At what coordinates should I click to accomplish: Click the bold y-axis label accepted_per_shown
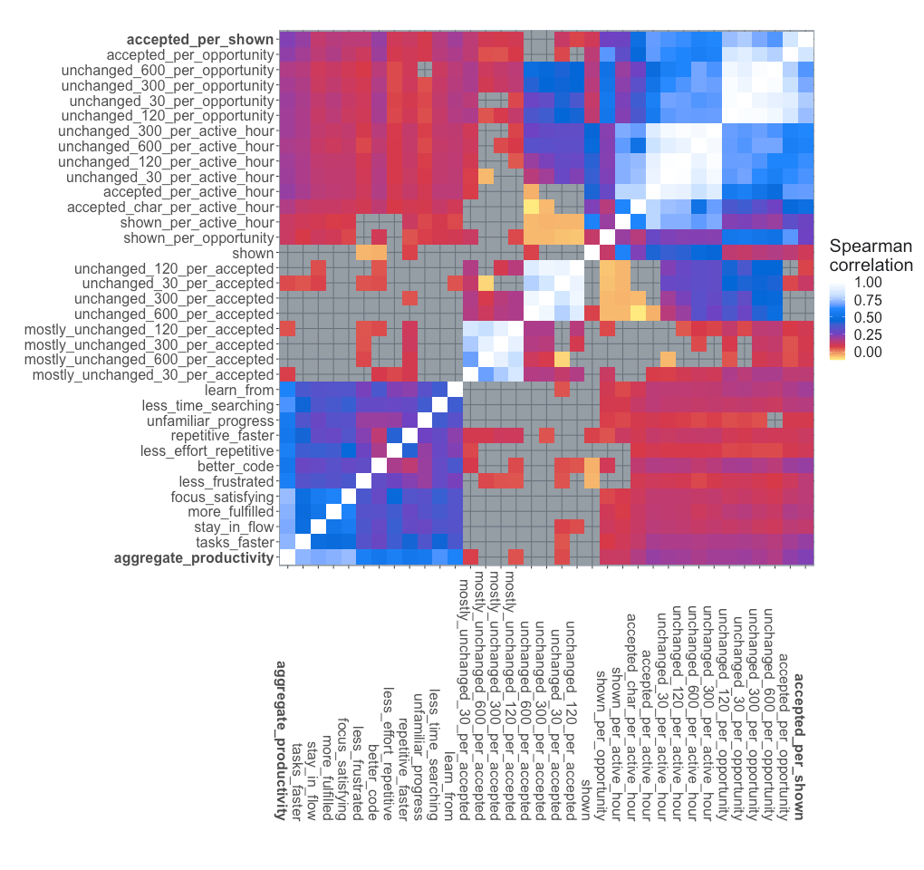(x=199, y=39)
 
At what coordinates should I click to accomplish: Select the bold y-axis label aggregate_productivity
(x=193, y=557)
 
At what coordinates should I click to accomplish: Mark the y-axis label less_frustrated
(x=226, y=481)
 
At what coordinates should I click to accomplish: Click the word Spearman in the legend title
(x=871, y=246)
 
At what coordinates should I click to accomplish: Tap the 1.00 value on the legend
(x=866, y=283)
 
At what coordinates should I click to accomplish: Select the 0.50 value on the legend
(x=866, y=317)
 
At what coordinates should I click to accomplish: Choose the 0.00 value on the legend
(x=866, y=352)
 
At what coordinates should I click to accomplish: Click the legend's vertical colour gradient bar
(x=839, y=317)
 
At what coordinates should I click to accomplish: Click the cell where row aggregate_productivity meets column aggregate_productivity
(x=286, y=557)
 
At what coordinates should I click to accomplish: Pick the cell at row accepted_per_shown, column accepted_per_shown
(x=805, y=39)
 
